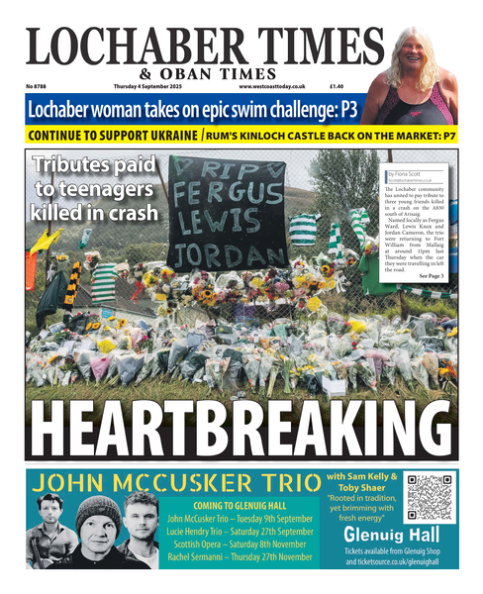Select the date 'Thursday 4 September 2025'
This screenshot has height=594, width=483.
(146, 87)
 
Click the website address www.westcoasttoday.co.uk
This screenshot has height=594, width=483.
(272, 87)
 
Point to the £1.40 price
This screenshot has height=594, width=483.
(337, 87)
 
